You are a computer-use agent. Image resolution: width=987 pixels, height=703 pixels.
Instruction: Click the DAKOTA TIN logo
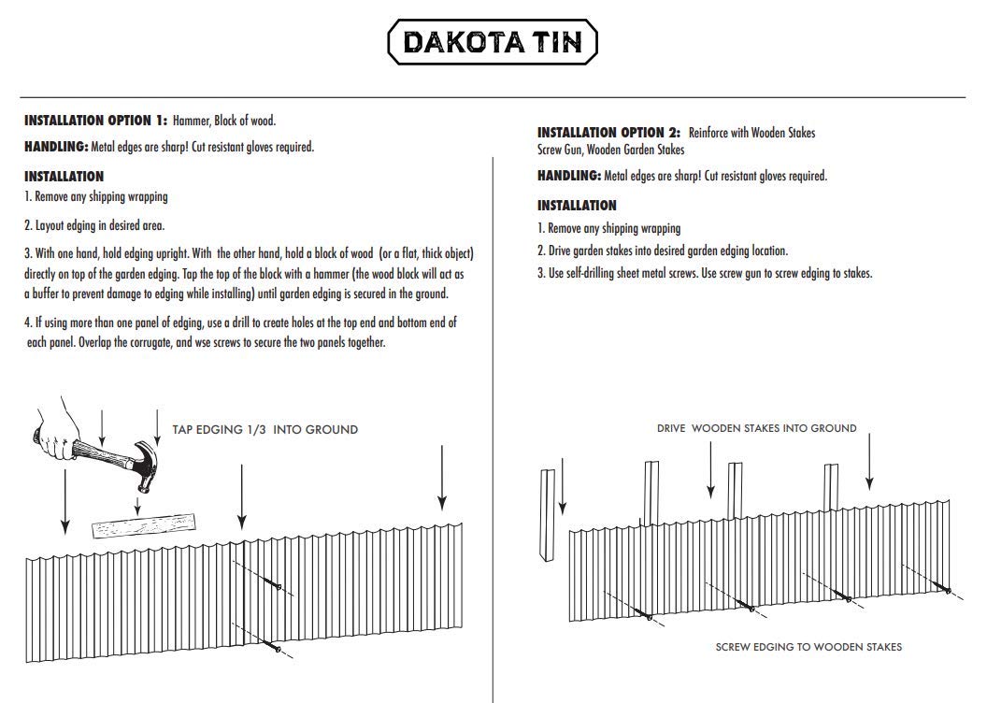tap(493, 43)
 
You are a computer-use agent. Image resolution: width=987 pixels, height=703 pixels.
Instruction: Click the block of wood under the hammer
tap(145, 526)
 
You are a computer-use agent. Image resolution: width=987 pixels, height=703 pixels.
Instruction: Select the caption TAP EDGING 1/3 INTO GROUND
tap(265, 430)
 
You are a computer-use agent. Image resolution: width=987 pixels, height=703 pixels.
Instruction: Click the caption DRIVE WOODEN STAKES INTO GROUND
tap(756, 428)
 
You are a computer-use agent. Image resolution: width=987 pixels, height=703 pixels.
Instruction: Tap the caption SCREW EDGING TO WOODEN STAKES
tap(808, 647)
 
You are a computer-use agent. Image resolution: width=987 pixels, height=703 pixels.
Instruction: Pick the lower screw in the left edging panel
tap(273, 646)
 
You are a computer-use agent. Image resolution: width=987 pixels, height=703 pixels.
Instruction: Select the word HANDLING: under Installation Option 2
tap(569, 176)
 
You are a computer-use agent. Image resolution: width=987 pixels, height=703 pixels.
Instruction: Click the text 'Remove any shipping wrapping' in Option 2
tap(614, 228)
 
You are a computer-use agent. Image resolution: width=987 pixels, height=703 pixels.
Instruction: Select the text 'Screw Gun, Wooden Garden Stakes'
tap(610, 150)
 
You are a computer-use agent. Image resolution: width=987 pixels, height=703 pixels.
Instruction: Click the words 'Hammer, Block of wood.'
tap(224, 121)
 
